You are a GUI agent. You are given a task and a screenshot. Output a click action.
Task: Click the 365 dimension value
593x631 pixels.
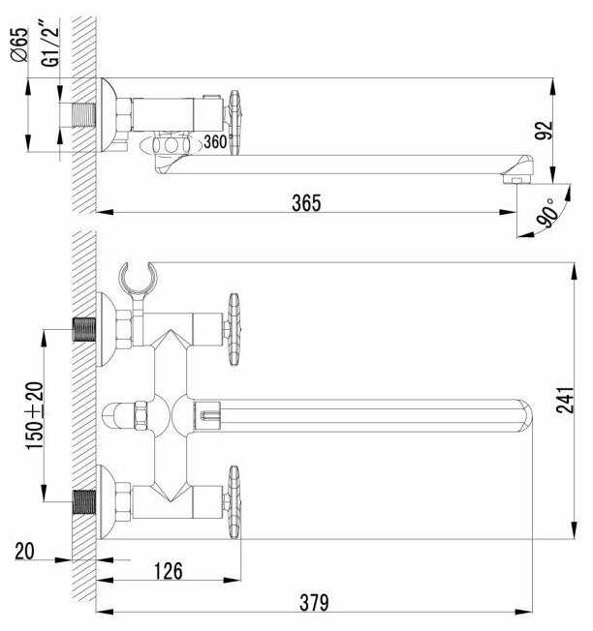[x=306, y=203]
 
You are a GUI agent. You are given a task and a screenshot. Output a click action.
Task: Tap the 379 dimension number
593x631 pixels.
[x=314, y=602]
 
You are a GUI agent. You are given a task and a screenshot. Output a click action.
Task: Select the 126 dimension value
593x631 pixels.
[x=169, y=571]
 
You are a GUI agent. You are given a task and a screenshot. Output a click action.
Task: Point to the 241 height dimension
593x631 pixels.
[x=565, y=400]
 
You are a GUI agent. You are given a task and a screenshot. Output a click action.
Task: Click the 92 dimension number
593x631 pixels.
[x=544, y=130]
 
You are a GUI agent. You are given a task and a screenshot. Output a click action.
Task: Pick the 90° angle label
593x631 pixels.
[x=548, y=213]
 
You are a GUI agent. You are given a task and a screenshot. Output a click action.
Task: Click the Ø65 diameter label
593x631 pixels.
[x=19, y=45]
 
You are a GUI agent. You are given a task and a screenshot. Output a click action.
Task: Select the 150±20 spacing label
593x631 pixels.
[x=35, y=415]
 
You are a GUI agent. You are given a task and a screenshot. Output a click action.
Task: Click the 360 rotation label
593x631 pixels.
[x=215, y=141]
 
